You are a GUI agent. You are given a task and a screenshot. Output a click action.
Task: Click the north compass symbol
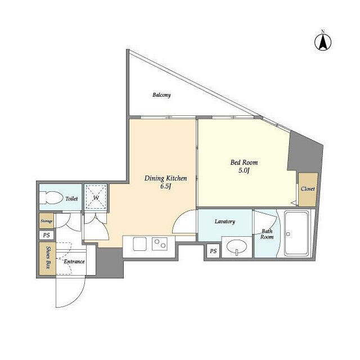point(323,42)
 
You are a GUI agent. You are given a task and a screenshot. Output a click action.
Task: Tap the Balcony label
point(161,95)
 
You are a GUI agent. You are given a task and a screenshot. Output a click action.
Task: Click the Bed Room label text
point(244,163)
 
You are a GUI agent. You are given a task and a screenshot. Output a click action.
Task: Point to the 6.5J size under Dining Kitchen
point(166,186)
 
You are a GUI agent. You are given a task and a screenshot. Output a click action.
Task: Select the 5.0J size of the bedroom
point(244,170)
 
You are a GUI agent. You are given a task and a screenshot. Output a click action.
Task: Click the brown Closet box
point(308,190)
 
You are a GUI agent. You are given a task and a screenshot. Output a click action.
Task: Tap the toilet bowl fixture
point(51,197)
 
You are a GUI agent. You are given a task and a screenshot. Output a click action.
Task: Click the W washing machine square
point(96,197)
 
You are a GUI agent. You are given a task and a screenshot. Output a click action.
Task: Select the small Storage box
point(46,221)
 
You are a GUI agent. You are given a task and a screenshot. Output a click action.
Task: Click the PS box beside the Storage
point(47,235)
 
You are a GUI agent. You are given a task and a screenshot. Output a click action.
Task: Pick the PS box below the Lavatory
point(213,251)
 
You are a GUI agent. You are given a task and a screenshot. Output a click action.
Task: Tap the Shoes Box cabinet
point(47,258)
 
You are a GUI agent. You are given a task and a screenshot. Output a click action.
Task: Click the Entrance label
point(74,262)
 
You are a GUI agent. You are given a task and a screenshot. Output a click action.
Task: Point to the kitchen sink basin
point(139,244)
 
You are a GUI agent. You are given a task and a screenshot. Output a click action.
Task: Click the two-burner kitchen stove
point(160,244)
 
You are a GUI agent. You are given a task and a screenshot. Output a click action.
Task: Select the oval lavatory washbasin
point(237,247)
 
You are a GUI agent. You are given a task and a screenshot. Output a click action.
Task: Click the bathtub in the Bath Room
point(296,234)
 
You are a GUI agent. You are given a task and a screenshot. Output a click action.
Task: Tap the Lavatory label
point(225,221)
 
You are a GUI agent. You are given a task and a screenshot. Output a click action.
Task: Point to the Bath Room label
point(267,234)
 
